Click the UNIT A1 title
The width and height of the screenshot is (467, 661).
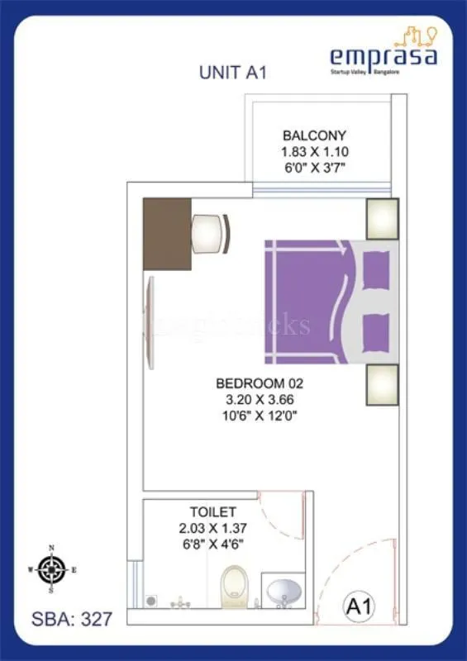(x=232, y=73)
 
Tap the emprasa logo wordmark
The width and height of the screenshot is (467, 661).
(x=383, y=55)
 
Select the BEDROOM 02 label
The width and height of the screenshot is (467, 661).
(x=260, y=383)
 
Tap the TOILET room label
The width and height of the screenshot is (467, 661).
(x=212, y=512)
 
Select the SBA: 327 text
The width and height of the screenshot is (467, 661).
(x=66, y=616)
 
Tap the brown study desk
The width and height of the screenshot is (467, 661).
(x=167, y=233)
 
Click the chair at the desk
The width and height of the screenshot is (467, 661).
(x=212, y=234)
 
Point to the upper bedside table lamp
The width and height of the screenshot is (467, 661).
(x=382, y=219)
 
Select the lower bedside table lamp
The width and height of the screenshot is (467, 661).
(x=382, y=384)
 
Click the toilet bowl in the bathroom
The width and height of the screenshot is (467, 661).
(x=236, y=585)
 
